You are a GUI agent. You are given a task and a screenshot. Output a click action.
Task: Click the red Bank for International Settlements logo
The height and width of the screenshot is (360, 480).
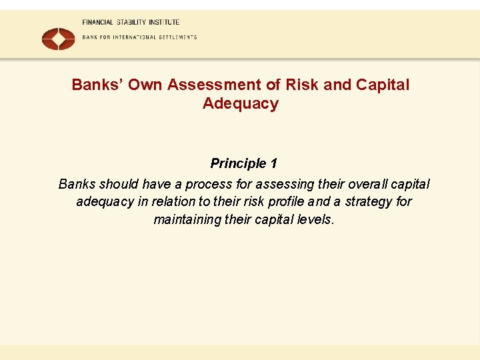pyautogui.click(x=59, y=38)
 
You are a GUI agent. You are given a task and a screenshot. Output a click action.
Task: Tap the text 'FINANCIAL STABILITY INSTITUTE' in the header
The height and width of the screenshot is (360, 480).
pyautogui.click(x=131, y=23)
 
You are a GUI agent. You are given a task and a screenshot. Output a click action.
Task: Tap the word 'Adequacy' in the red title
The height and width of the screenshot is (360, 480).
pyautogui.click(x=240, y=104)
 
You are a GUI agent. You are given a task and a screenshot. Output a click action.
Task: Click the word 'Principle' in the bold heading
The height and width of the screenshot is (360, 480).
pyautogui.click(x=237, y=164)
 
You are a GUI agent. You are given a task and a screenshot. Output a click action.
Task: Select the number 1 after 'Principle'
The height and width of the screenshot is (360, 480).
pyautogui.click(x=273, y=164)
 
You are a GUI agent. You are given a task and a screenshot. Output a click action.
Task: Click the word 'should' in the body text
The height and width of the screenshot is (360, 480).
pyautogui.click(x=120, y=184)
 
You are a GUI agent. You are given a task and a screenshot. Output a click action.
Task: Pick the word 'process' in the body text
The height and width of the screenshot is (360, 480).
pyautogui.click(x=207, y=184)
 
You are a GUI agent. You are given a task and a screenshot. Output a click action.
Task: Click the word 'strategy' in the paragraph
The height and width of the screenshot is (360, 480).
pyautogui.click(x=368, y=201)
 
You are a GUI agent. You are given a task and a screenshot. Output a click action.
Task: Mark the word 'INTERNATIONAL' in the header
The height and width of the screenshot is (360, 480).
pyautogui.click(x=133, y=37)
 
